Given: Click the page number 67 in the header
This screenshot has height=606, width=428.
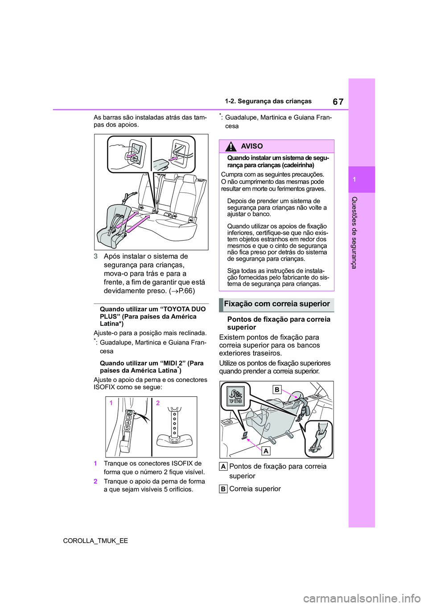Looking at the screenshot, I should pyautogui.click(x=338, y=102).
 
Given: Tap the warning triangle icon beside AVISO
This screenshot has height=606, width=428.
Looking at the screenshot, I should pyautogui.click(x=231, y=146).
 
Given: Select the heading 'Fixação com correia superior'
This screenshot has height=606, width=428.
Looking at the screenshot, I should pyautogui.click(x=277, y=304).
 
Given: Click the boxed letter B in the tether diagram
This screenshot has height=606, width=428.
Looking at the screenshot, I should pyautogui.click(x=277, y=390).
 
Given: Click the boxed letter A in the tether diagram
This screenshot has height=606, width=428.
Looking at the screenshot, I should pyautogui.click(x=266, y=451).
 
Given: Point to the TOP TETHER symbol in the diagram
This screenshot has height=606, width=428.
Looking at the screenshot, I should pyautogui.click(x=235, y=396).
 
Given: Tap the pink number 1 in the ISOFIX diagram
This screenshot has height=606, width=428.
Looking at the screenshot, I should pyautogui.click(x=111, y=403).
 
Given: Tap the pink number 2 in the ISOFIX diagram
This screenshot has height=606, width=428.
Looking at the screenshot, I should pyautogui.click(x=158, y=403).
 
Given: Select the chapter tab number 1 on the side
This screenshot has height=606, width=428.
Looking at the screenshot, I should pyautogui.click(x=354, y=179).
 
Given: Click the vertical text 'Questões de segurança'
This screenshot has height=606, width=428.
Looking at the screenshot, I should pyautogui.click(x=354, y=232).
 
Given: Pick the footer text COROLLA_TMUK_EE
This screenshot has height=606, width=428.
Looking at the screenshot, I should pyautogui.click(x=95, y=540).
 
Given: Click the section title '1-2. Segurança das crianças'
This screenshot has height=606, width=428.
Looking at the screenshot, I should pyautogui.click(x=268, y=101).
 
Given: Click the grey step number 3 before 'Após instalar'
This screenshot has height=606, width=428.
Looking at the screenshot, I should pyautogui.click(x=96, y=257).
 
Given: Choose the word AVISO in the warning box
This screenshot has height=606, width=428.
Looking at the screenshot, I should pyautogui.click(x=251, y=146).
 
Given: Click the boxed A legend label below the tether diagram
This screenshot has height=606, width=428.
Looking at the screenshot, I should pyautogui.click(x=223, y=467).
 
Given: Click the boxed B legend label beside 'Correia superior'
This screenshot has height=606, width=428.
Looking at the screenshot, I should pyautogui.click(x=223, y=489).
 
